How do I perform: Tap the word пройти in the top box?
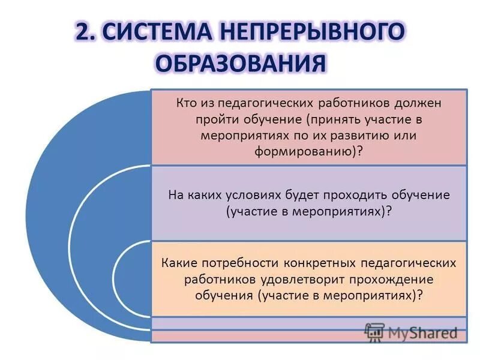point(212,119)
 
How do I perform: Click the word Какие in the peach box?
point(181,263)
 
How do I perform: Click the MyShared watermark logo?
point(412,332)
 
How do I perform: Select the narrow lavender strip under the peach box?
point(309,323)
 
